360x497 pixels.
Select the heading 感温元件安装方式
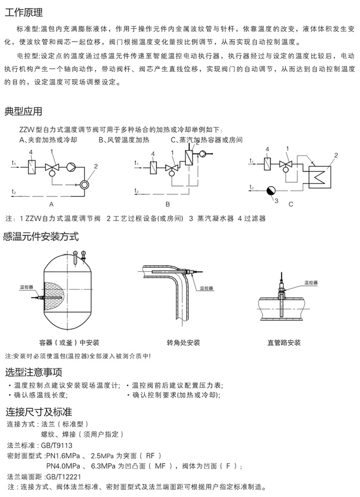point(41,236)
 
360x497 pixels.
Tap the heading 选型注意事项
point(33,373)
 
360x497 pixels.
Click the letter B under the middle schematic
point(168,203)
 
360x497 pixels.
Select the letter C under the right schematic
point(291,203)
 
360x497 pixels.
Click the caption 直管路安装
point(284,343)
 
